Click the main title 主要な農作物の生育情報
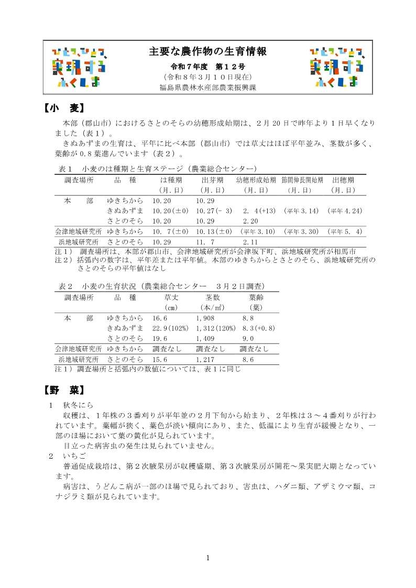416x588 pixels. (208, 51)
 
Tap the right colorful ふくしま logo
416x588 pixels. (337, 66)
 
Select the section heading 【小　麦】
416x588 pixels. (61, 108)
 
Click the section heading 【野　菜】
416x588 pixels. (61, 391)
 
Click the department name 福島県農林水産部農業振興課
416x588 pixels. (208, 87)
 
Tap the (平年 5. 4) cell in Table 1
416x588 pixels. (344, 231)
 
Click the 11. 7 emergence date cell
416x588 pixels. (205, 242)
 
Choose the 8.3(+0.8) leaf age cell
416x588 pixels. (259, 328)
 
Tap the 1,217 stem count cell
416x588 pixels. (205, 360)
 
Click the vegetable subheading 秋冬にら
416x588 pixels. (77, 405)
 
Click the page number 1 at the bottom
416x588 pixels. (208, 558)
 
